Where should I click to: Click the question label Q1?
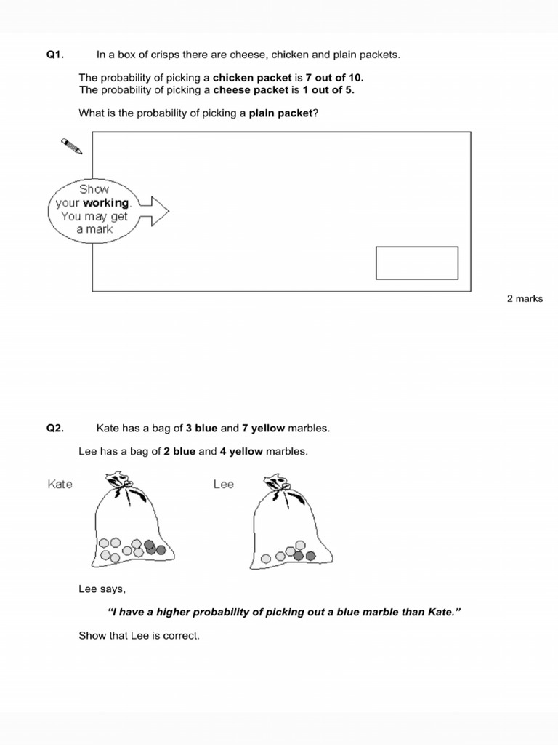[55, 55]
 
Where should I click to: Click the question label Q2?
[55, 429]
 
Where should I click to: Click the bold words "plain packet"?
[280, 113]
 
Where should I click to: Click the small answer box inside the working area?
[416, 263]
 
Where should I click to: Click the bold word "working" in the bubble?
[105, 203]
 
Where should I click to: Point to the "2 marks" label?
[525, 299]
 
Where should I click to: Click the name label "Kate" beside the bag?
[60, 484]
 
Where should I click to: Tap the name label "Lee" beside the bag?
[224, 484]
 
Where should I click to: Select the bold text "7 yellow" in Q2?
[264, 429]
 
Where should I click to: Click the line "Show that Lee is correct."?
[139, 636]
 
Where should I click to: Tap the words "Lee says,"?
[101, 589]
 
